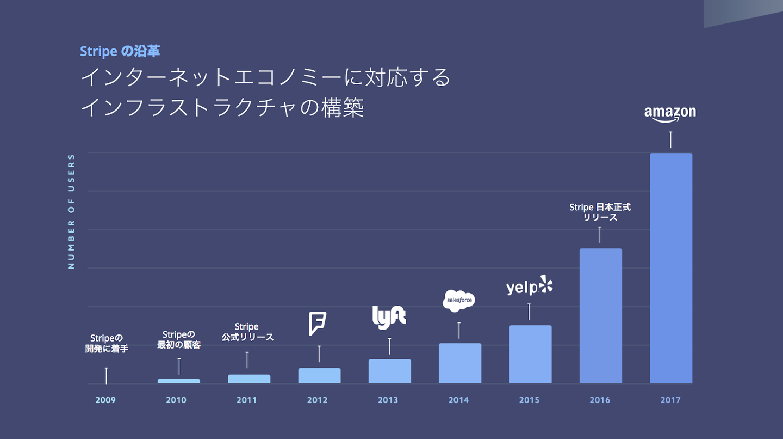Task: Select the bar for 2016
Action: pos(600,316)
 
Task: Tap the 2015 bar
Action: pos(530,354)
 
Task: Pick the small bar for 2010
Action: pos(179,381)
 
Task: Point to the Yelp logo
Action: pos(529,286)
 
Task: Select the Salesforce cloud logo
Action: pos(459,301)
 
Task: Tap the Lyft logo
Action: pos(389,318)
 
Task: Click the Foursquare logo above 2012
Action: pos(318,324)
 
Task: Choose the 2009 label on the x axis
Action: pos(105,400)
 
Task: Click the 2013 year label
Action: pos(388,400)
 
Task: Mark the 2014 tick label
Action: pos(458,400)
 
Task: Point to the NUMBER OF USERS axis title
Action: pos(71,211)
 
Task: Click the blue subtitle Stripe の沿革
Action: pos(120,51)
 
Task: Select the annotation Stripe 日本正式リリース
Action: pos(600,212)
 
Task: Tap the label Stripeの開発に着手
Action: pos(107,344)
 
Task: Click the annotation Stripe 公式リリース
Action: pos(247,332)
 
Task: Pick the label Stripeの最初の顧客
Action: pos(178,339)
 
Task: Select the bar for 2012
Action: pos(319,375)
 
